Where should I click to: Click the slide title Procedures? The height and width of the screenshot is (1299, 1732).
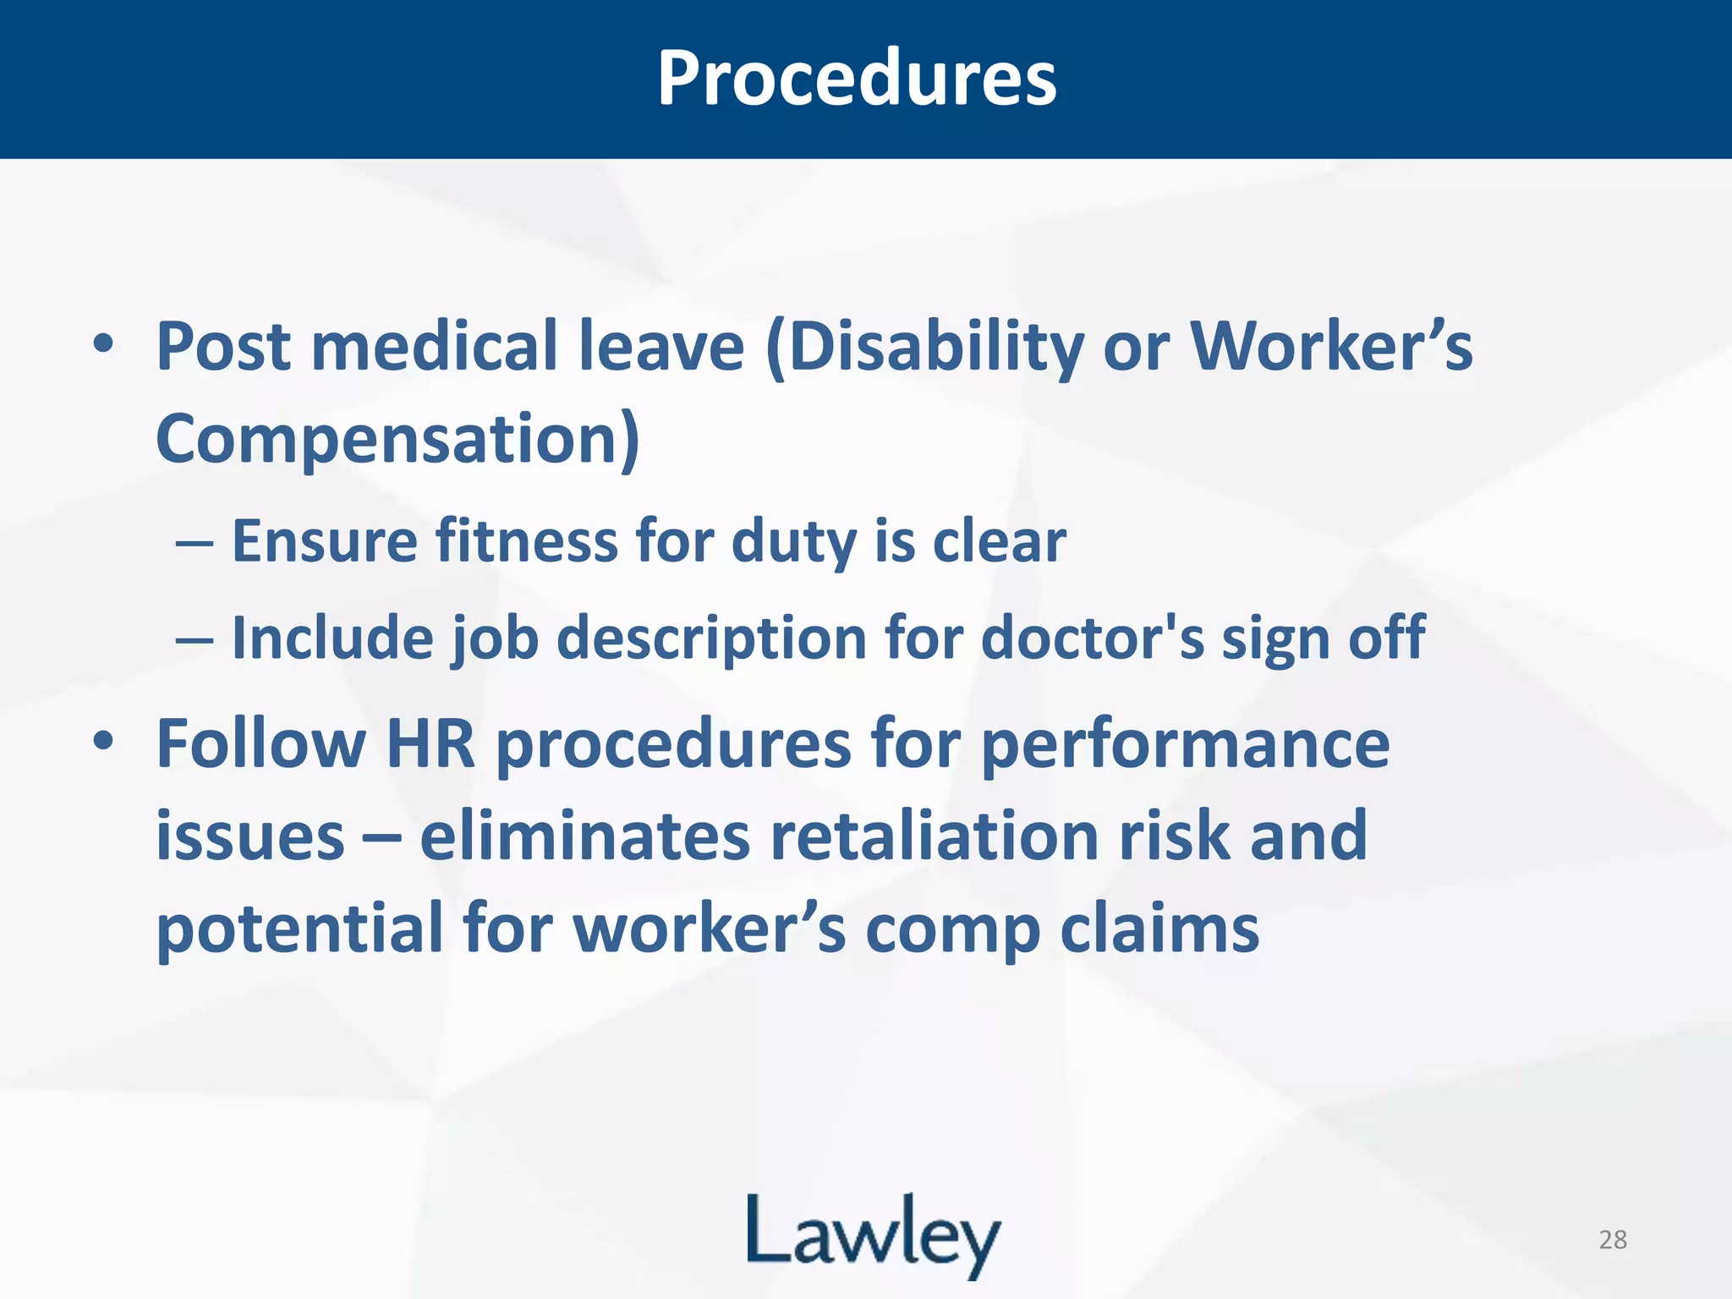click(856, 78)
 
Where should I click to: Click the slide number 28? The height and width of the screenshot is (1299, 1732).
click(1613, 1239)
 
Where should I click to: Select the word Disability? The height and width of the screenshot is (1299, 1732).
click(924, 348)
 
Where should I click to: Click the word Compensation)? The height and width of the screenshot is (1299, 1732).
click(397, 439)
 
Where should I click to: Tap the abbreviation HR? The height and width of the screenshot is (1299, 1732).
click(430, 743)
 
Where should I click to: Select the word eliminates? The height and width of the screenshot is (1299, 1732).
click(585, 836)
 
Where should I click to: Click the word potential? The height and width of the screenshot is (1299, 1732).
click(300, 929)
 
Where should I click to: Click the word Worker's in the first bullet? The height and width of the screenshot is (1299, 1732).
click(1331, 348)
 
